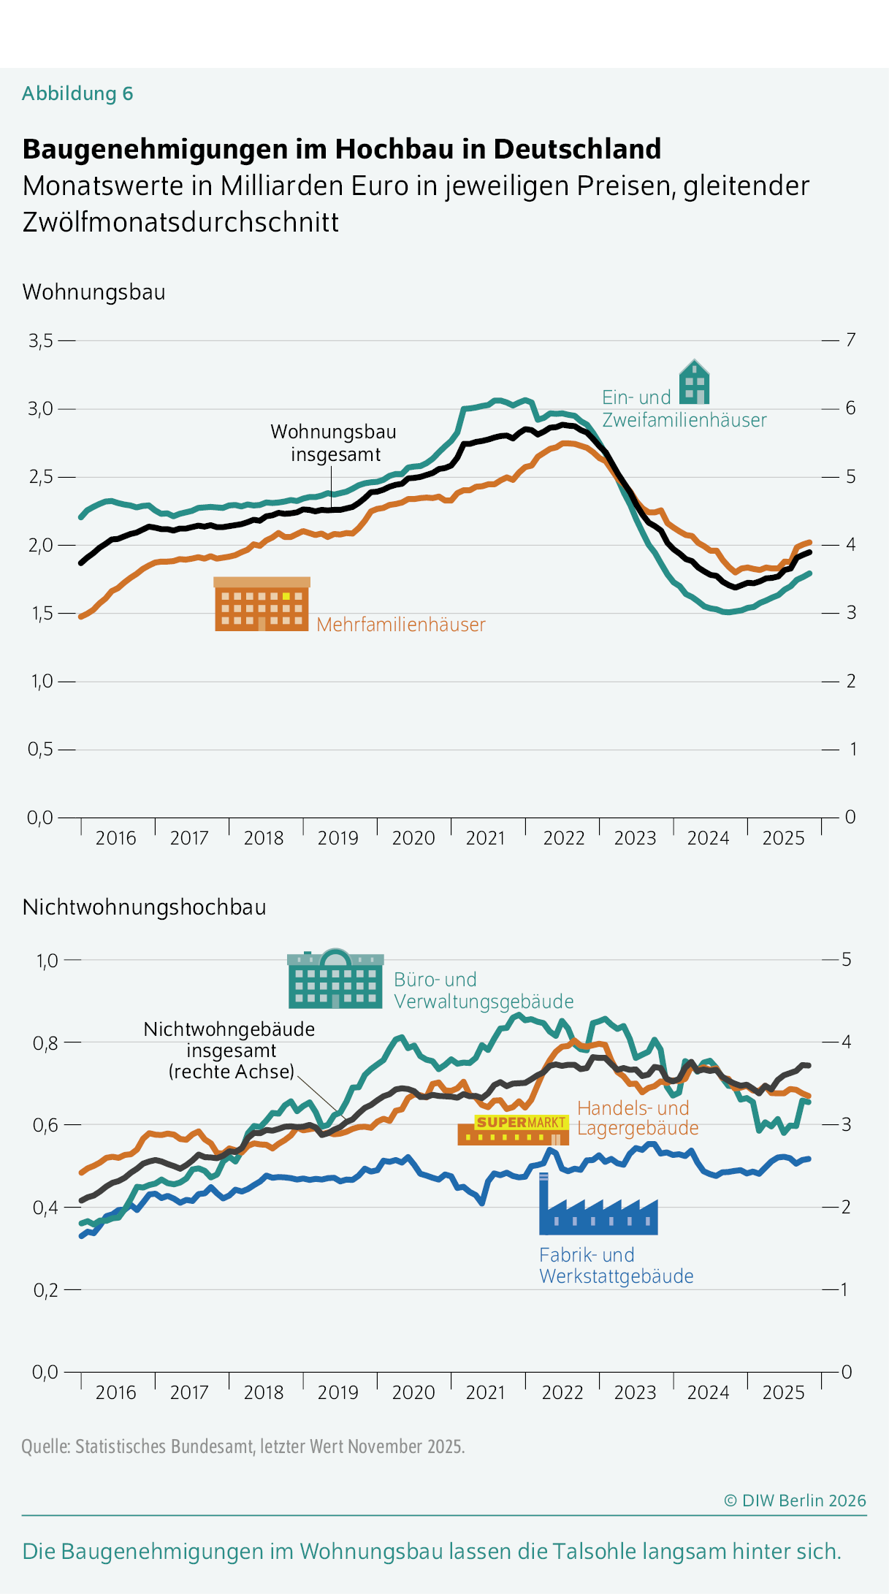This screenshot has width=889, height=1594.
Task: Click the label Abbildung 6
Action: [77, 94]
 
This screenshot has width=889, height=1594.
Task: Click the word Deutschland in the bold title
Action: [577, 149]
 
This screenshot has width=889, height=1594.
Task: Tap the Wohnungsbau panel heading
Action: [94, 292]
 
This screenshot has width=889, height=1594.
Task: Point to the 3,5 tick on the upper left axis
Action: [41, 340]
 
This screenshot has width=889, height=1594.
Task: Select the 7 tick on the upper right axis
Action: [850, 340]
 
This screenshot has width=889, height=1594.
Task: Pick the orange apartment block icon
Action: [262, 604]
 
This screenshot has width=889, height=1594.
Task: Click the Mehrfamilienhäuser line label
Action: [400, 625]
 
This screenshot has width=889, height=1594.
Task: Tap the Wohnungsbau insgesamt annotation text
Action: [334, 443]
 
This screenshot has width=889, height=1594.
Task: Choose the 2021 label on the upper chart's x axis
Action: [485, 838]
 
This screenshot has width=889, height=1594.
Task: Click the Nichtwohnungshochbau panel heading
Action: [144, 907]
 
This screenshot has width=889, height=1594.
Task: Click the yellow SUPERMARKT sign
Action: [520, 1122]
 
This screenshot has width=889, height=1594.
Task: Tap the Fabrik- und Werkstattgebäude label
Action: [616, 1265]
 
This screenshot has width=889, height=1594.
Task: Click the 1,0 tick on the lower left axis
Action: [47, 960]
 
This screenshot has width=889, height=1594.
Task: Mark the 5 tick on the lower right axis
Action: [847, 959]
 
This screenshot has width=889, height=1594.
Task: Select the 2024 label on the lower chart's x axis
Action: [708, 1392]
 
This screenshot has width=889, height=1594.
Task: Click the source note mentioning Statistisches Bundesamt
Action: [243, 1446]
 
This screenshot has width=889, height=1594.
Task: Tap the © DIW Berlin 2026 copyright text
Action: [794, 1500]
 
